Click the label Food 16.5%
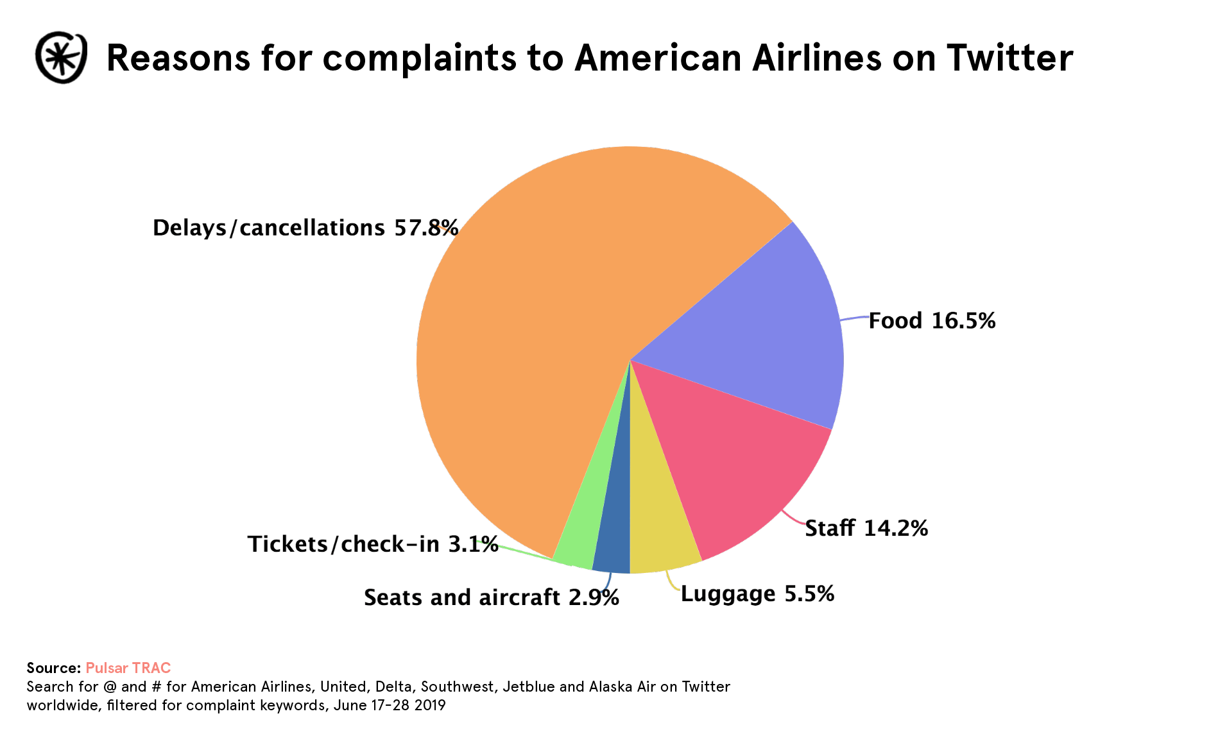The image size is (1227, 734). point(931,321)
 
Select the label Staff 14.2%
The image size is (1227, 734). point(866,528)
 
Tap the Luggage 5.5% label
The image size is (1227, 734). point(757,594)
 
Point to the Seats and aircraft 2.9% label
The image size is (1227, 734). point(491,597)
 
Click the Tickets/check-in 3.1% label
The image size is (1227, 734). point(372,544)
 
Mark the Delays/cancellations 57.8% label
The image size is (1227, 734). point(305,228)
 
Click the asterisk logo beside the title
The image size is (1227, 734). point(61,58)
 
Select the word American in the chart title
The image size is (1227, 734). point(658,58)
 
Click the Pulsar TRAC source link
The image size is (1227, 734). point(128,668)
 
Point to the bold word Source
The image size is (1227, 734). point(53,668)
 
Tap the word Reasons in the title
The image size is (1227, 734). point(178,58)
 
